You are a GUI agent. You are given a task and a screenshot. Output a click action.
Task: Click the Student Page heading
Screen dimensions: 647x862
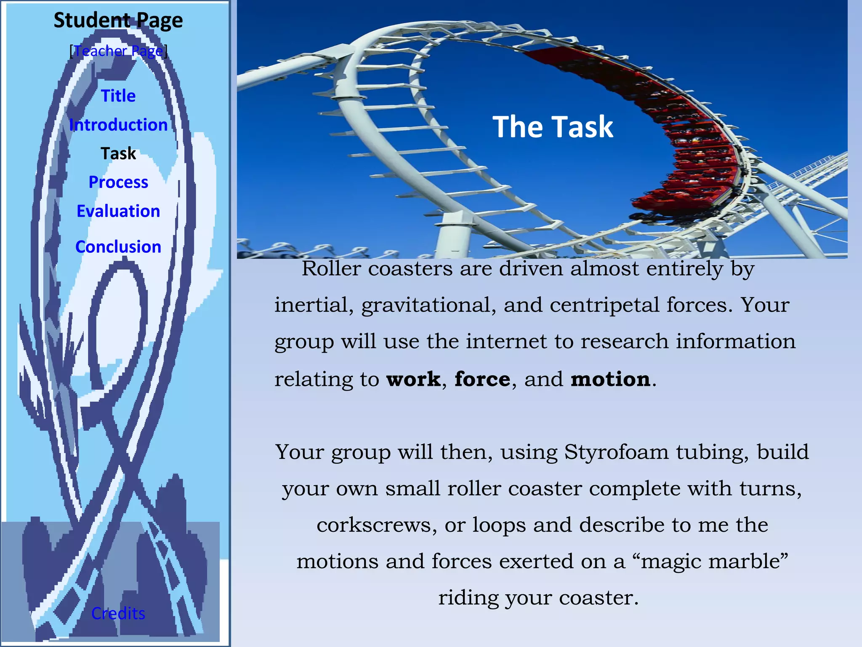click(118, 20)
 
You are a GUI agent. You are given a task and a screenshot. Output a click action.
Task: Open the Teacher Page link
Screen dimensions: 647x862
click(118, 51)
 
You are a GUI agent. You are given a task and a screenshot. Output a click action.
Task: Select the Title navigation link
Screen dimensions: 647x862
click(118, 96)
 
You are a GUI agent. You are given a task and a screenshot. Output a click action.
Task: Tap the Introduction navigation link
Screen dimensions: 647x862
click(118, 125)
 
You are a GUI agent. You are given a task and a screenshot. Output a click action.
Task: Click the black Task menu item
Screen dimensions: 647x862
click(118, 153)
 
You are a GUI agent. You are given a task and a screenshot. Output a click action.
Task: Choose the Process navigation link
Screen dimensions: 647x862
click(118, 182)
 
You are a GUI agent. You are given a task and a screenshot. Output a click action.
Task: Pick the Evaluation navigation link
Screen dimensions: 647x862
click(118, 211)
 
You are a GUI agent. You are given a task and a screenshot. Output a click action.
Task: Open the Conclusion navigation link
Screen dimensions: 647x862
click(118, 246)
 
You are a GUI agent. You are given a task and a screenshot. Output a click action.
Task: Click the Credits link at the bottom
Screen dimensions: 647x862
click(118, 613)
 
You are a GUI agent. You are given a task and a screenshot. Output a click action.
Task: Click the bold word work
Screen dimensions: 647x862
click(413, 379)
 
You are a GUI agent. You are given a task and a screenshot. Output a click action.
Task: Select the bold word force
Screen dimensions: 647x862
click(482, 379)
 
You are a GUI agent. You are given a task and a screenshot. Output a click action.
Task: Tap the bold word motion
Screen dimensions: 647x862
click(610, 379)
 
